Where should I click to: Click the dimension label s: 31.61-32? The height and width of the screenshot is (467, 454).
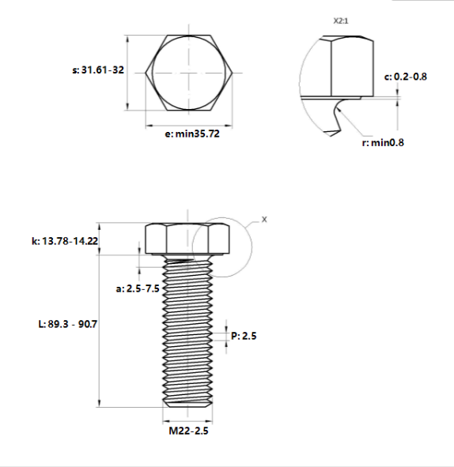point(98,70)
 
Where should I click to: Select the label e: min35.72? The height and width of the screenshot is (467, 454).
point(192,134)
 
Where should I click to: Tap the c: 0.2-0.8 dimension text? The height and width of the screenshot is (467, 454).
point(406,77)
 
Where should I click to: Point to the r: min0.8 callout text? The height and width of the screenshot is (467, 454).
point(383,143)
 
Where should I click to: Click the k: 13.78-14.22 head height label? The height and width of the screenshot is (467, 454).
point(65,241)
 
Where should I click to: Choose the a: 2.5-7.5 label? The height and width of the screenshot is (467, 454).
point(138,288)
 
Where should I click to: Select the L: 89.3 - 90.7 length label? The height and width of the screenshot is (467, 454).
point(68,324)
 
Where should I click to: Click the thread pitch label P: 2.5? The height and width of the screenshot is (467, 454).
point(244,336)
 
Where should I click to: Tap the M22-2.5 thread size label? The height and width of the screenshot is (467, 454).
point(188,431)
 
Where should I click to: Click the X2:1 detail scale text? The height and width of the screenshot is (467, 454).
point(340,21)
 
